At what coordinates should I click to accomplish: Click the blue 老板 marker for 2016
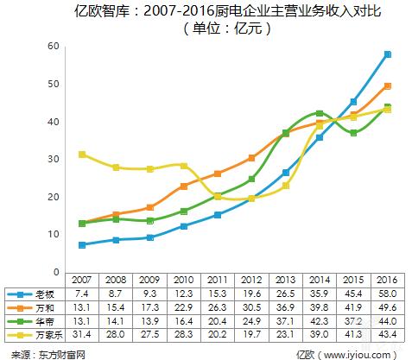[388, 54]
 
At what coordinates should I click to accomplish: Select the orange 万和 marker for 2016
[388, 86]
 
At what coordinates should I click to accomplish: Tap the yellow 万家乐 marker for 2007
[82, 155]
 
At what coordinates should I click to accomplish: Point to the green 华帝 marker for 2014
[320, 114]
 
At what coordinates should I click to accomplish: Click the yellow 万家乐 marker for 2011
[219, 197]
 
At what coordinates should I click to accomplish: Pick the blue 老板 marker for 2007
[82, 245]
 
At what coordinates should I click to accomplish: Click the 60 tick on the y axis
[54, 46]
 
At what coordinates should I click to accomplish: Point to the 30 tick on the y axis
[54, 159]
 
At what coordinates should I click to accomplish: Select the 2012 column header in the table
[250, 280]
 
